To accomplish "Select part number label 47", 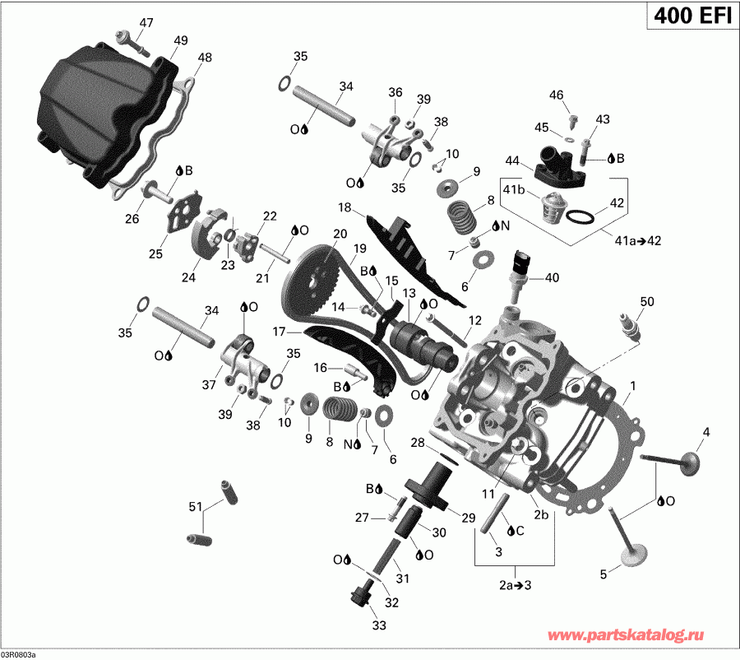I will (146, 22).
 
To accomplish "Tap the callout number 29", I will (469, 517).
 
